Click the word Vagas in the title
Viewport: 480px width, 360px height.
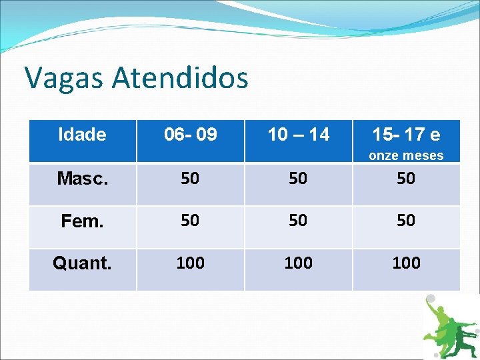pos(64,78)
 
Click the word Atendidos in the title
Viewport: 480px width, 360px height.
pos(180,78)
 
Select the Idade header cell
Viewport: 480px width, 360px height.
pos(82,135)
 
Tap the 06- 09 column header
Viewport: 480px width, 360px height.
pos(191,135)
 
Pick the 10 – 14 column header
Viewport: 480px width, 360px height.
pos(298,135)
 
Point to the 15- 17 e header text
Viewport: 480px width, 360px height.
pos(406,135)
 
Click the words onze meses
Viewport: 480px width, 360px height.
pos(406,155)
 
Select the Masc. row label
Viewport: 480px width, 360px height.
pos(82,179)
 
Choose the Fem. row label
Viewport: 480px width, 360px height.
pos(82,221)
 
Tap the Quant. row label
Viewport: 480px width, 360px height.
pos(82,263)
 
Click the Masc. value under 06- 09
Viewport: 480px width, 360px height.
pos(191,179)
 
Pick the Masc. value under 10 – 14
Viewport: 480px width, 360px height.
pos(298,179)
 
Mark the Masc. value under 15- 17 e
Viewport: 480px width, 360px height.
pos(406,179)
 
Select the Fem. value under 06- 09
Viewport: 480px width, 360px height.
pos(191,220)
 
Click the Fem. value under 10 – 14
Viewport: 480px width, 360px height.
pos(298,220)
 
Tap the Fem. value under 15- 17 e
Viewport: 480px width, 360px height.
pos(406,220)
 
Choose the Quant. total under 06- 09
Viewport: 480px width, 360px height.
pos(191,263)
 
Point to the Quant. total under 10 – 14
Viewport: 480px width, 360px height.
pos(298,263)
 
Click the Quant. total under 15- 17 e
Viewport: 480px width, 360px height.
pos(406,263)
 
